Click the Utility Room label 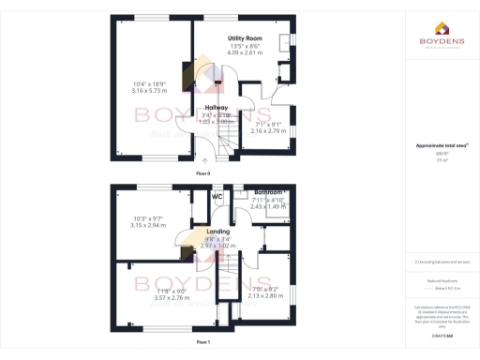(x=245, y=37)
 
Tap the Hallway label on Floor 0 (x=217, y=107)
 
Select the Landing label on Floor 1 (x=218, y=231)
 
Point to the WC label (x=217, y=197)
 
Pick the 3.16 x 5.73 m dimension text (x=150, y=91)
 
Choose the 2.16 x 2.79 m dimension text (x=269, y=130)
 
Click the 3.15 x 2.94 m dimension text (x=149, y=226)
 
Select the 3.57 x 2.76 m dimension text (x=150, y=297)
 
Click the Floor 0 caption (x=203, y=174)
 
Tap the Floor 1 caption (x=203, y=342)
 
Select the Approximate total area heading (x=440, y=144)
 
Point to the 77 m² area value (x=440, y=160)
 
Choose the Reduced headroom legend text (x=440, y=279)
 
